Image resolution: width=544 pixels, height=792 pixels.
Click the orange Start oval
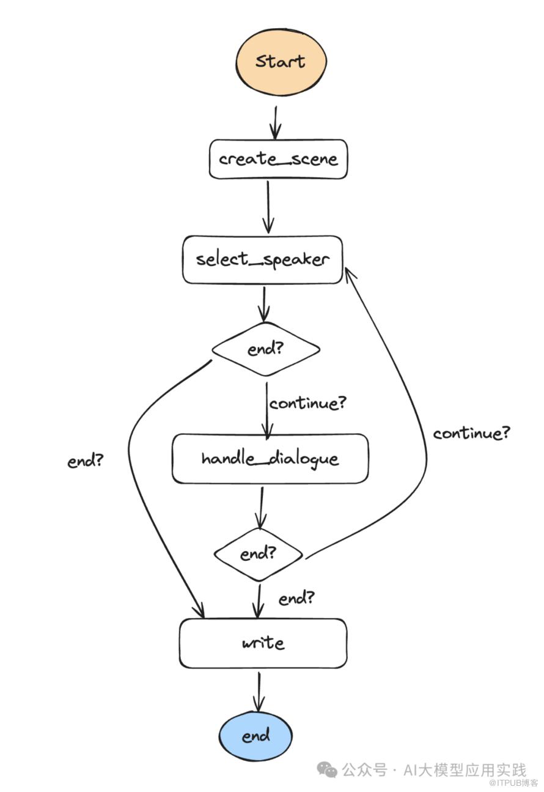click(281, 62)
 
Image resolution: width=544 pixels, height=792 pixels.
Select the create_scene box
click(278, 159)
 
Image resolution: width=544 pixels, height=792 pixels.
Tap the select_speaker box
click(263, 260)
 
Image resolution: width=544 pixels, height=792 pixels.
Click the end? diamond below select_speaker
click(266, 349)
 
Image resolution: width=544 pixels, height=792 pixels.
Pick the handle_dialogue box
click(270, 459)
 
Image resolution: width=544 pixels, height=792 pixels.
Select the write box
click(263, 643)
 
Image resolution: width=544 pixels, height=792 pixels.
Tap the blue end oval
click(255, 736)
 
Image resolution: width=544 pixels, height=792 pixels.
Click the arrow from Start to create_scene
click(275, 122)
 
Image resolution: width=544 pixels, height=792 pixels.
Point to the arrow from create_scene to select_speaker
click(268, 207)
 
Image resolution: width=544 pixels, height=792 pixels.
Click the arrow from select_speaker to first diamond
click(263, 304)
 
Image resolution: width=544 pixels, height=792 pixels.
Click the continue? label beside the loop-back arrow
click(471, 433)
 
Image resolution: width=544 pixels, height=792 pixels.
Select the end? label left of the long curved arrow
click(85, 461)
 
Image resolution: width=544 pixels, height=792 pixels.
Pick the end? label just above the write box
click(296, 598)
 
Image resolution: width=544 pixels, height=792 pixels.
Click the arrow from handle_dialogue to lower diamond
click(261, 508)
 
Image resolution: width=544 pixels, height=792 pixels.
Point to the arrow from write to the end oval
click(259, 692)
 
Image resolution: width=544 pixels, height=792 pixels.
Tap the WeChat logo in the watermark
click(327, 769)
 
